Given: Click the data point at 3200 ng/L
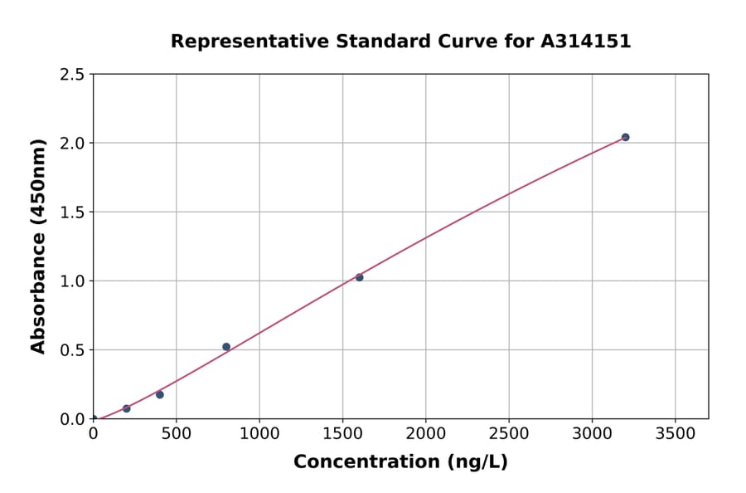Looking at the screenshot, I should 625,137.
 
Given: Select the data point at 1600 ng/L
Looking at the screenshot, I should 359,277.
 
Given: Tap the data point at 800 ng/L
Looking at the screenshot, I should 226,347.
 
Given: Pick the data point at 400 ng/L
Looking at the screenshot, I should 160,394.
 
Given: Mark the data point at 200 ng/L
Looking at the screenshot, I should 127,408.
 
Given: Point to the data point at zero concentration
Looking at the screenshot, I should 94,418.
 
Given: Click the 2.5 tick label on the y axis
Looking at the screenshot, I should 72,75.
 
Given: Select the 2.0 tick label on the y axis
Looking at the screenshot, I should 72,144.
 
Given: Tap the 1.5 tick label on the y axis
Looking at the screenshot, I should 72,212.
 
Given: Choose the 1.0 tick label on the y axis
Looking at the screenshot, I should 72,281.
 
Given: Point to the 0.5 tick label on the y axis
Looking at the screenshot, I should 72,350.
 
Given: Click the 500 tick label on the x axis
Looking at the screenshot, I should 176,433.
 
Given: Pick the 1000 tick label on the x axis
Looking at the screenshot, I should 259,433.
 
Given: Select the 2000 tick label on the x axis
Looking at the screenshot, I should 426,433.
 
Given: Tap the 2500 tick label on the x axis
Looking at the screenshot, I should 509,433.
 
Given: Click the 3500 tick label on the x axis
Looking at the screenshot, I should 675,433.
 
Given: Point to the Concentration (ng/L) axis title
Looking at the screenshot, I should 400,462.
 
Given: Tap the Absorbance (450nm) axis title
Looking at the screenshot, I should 38,246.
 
